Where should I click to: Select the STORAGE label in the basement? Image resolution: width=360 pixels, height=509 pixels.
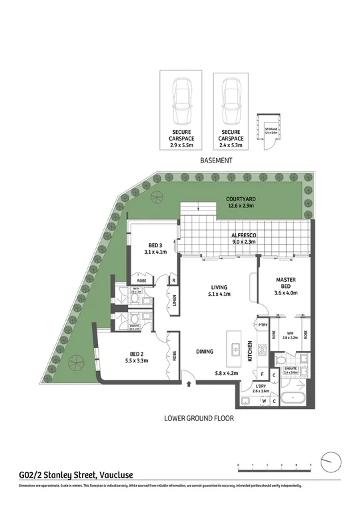[x=271, y=130]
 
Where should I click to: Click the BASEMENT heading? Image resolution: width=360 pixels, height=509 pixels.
[x=217, y=161]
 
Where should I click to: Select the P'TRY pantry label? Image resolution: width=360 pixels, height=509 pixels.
[x=263, y=325]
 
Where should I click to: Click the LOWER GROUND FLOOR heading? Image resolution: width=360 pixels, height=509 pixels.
[x=199, y=419]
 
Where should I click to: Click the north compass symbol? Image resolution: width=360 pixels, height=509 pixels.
[x=331, y=461]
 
